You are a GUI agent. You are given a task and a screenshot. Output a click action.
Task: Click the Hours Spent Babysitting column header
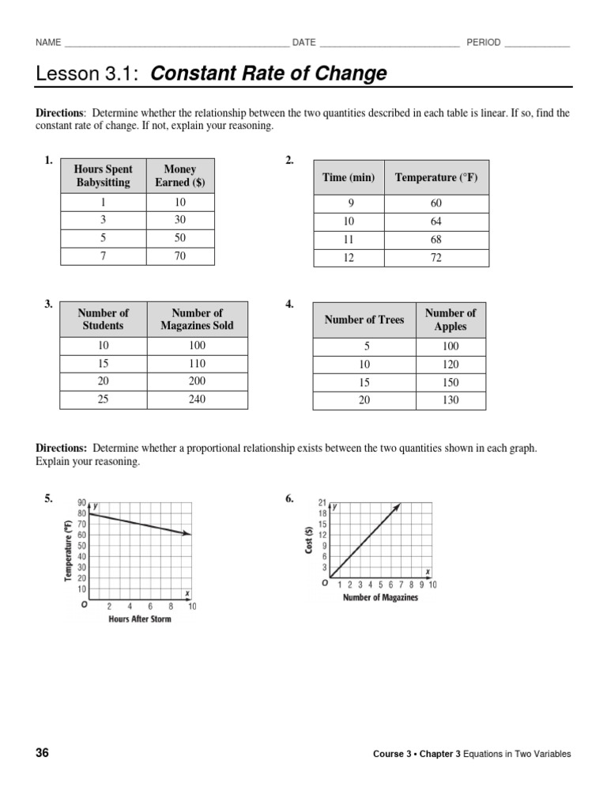pyautogui.click(x=103, y=176)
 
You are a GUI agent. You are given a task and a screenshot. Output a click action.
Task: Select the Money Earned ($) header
pyautogui.click(x=179, y=176)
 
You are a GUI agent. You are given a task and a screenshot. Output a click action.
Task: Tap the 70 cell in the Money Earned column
pyautogui.click(x=179, y=256)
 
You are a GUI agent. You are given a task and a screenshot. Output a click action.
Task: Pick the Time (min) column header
pyautogui.click(x=349, y=178)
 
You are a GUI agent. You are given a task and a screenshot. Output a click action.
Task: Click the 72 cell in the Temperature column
pyautogui.click(x=436, y=258)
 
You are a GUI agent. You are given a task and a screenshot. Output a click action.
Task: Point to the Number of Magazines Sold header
pyautogui.click(x=197, y=319)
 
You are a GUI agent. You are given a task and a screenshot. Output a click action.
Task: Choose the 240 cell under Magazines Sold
pyautogui.click(x=197, y=399)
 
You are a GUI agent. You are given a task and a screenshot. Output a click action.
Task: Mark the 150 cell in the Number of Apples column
pyautogui.click(x=451, y=382)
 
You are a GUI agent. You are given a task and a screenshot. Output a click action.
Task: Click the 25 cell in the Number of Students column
pyautogui.click(x=103, y=399)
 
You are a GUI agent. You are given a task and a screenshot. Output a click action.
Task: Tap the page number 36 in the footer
pyautogui.click(x=42, y=753)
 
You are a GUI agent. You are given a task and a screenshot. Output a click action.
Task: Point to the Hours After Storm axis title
pyautogui.click(x=139, y=619)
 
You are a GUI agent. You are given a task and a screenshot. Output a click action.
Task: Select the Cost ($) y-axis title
pyautogui.click(x=310, y=536)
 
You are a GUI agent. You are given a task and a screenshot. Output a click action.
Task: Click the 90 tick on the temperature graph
pyautogui.click(x=81, y=503)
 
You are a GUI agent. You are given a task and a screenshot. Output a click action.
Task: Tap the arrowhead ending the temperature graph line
pyautogui.click(x=188, y=535)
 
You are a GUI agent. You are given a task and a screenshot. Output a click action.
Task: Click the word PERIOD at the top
pyautogui.click(x=483, y=43)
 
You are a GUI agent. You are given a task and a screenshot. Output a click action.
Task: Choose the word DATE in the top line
pyautogui.click(x=303, y=43)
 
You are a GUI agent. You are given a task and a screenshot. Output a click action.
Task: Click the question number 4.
pyautogui.click(x=289, y=304)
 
